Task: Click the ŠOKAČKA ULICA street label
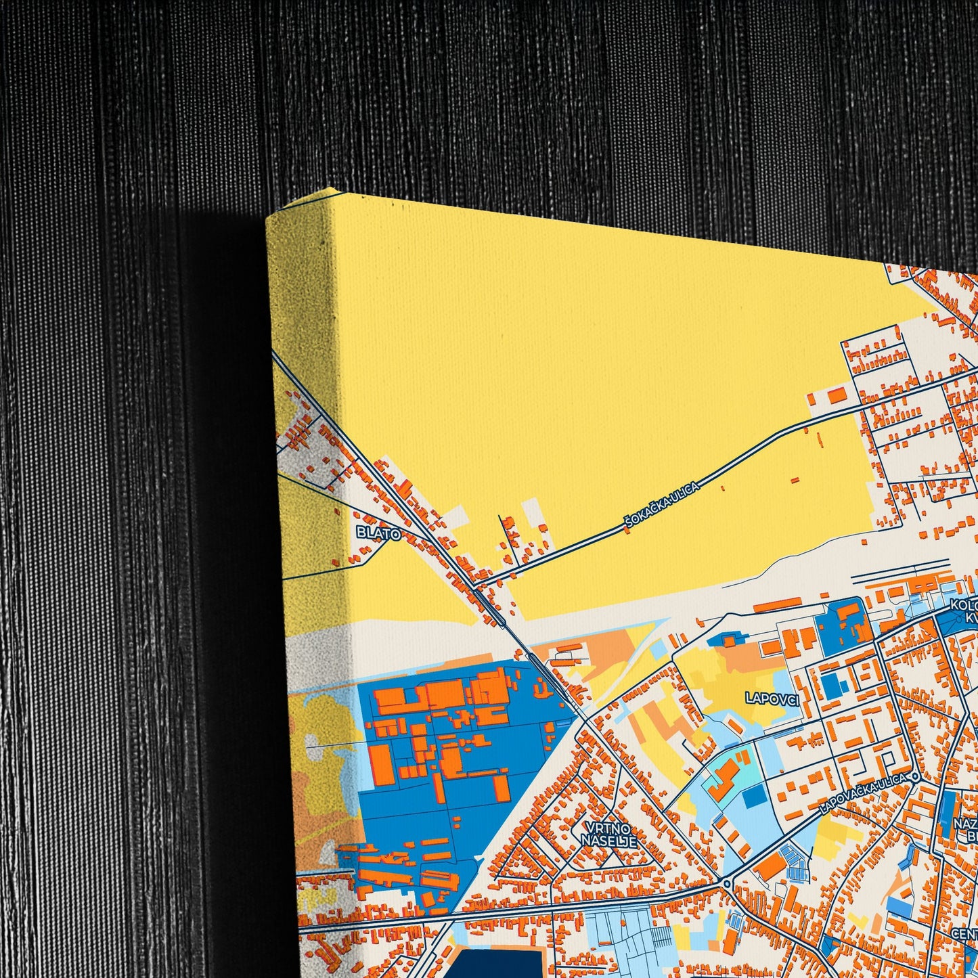point(663,502)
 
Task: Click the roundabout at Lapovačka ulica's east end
point(914,777)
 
